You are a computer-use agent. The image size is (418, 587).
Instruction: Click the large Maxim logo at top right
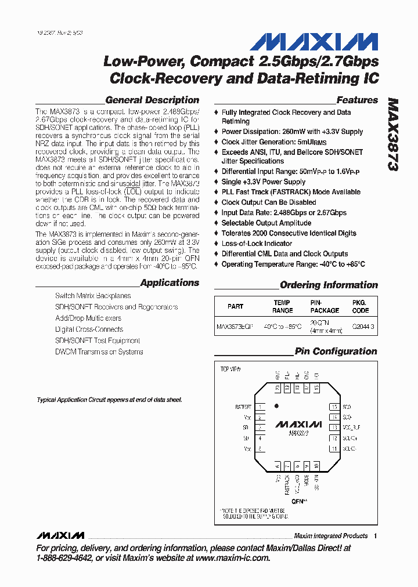coord(314,42)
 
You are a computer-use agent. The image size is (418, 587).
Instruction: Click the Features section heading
coord(357,100)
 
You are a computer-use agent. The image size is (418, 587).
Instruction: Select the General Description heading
coord(152,100)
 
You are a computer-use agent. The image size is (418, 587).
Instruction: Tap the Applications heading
coord(170,283)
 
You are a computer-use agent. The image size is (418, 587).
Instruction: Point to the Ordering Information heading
coord(329,285)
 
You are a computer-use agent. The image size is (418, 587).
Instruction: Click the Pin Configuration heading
coord(336,352)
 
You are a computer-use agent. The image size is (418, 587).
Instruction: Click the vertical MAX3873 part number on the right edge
coord(392,134)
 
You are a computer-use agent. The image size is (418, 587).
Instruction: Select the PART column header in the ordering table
coord(236,306)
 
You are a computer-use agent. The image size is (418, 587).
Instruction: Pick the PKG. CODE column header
coord(360,306)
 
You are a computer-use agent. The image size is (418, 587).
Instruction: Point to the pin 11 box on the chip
coord(334,449)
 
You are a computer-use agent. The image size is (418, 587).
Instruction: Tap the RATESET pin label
coord(243,407)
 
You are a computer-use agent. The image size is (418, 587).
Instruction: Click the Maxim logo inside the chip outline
coord(298,424)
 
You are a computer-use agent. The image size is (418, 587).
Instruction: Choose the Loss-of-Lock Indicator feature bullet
coord(257,244)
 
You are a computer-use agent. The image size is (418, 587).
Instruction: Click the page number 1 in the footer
coord(376,536)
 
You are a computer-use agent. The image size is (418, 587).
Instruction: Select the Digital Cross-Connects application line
coord(89,329)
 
